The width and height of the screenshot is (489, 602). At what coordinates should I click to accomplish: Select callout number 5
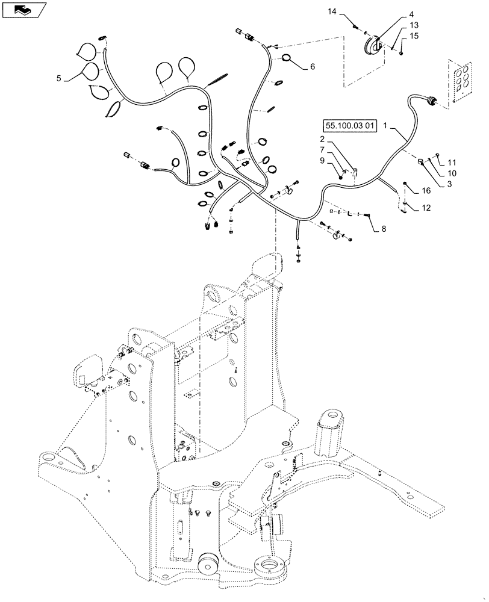click(59, 78)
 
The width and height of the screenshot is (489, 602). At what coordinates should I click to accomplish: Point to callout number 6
click(312, 67)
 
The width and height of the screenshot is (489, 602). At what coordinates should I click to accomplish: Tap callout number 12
click(426, 208)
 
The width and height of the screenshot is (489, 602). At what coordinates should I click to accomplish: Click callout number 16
click(427, 190)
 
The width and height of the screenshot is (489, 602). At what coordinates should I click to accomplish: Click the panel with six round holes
click(461, 79)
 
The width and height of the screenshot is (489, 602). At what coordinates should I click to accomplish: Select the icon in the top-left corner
click(22, 10)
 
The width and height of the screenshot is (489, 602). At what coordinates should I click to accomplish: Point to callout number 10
click(452, 173)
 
